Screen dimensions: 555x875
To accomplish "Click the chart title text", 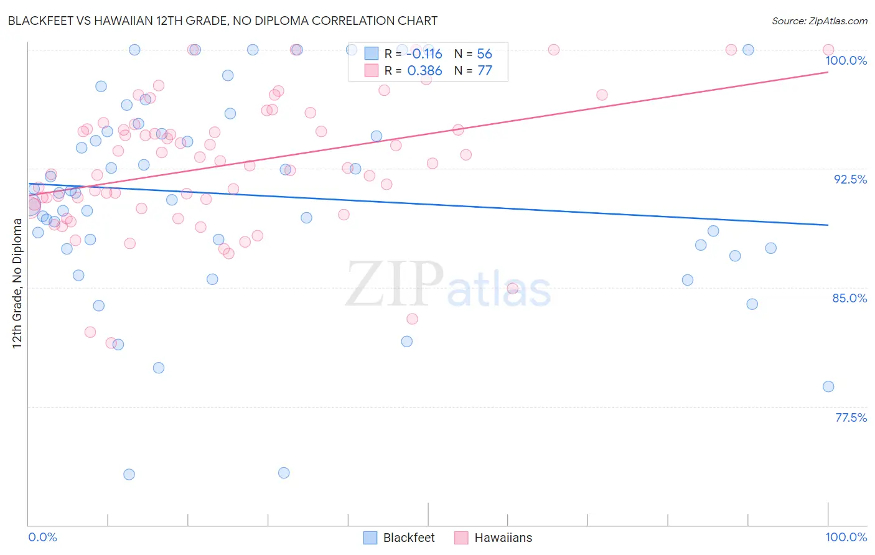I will (223, 21).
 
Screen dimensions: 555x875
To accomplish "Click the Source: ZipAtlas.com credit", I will (819, 21).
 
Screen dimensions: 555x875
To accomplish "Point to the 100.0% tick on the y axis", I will (846, 61).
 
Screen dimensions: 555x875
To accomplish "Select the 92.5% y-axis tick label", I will (850, 180).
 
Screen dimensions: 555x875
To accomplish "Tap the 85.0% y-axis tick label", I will (849, 299).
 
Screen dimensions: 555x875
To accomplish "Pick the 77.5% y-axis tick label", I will (850, 418).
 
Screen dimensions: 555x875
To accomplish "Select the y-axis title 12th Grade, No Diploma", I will (17, 284).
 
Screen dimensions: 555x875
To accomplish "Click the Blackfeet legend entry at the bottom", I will (408, 538).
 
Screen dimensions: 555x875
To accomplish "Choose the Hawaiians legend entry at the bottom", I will (503, 538).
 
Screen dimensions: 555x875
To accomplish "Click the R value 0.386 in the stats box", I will (424, 71).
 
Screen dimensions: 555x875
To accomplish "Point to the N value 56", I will (484, 54).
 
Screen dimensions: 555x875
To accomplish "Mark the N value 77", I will (484, 71).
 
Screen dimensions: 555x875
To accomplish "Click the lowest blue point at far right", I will (828, 387).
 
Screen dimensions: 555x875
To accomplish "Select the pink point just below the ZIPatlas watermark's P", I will (412, 319).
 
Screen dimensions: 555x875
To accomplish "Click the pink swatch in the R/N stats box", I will (372, 71).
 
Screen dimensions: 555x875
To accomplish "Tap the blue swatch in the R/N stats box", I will (372, 54).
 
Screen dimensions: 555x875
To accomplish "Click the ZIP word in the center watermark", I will (395, 284).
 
